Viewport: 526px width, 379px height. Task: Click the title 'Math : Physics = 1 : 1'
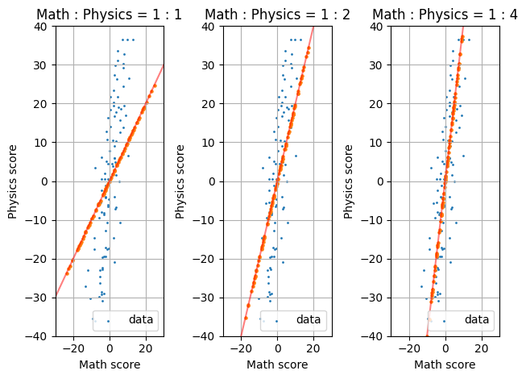[x=110, y=15]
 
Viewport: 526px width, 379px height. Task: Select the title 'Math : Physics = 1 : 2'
[x=277, y=15]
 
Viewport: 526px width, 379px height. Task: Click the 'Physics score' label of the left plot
[x=13, y=181]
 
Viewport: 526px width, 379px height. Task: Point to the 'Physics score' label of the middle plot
[x=180, y=181]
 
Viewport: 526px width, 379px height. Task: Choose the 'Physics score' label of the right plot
[x=349, y=181]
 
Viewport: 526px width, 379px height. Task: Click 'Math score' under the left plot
[x=110, y=365]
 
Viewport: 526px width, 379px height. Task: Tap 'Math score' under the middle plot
[x=277, y=365]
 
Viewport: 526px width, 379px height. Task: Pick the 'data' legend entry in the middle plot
[x=309, y=320]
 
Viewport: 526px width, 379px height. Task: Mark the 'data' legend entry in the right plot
[x=476, y=320]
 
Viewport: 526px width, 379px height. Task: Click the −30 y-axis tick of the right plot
[x=376, y=297]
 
